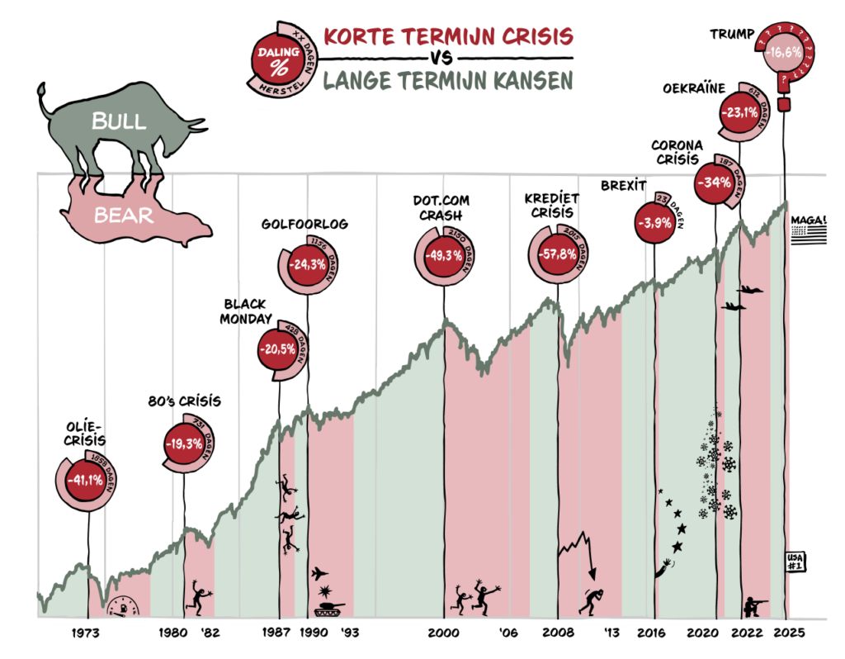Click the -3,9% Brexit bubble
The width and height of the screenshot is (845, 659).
653,221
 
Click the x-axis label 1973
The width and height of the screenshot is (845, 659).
86,633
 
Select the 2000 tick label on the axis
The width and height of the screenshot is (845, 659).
442,633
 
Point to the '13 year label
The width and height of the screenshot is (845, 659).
611,633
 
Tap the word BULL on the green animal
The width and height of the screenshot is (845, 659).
119,121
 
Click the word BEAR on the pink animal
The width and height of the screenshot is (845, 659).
123,216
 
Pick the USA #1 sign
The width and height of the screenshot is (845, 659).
795,562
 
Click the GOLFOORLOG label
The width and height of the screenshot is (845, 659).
304,224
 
